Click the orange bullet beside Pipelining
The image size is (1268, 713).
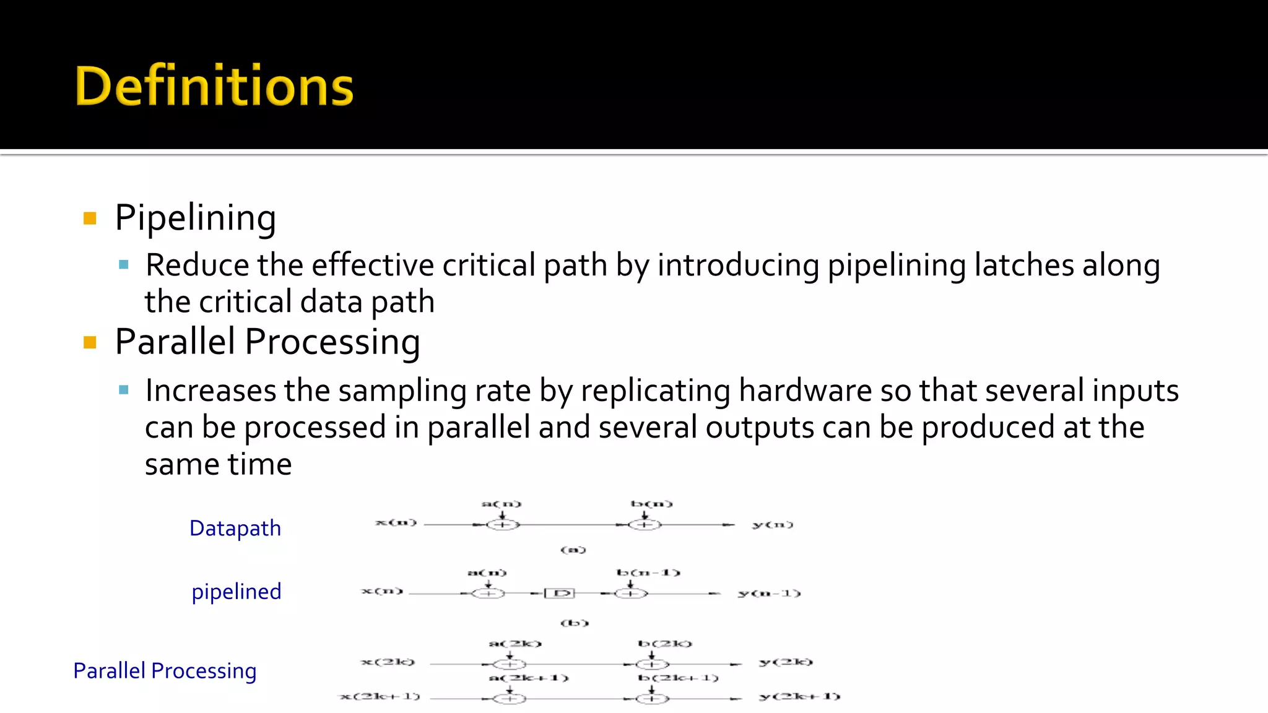pyautogui.click(x=90, y=218)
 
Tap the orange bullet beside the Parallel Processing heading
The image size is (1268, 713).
pyautogui.click(x=90, y=342)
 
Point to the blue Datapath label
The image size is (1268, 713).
pyautogui.click(x=235, y=528)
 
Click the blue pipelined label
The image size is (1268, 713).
pyautogui.click(x=237, y=591)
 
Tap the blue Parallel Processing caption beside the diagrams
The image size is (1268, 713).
pyautogui.click(x=165, y=670)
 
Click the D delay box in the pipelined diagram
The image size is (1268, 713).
pyautogui.click(x=560, y=594)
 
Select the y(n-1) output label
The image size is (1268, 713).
pyautogui.click(x=769, y=593)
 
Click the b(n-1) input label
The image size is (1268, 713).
pyautogui.click(x=648, y=573)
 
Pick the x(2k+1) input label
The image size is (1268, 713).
pyautogui.click(x=380, y=696)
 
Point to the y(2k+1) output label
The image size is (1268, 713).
pyautogui.click(x=799, y=696)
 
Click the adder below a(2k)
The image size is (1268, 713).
pyautogui.click(x=510, y=664)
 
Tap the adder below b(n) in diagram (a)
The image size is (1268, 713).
pyautogui.click(x=645, y=525)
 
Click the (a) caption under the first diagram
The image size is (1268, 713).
pyautogui.click(x=573, y=550)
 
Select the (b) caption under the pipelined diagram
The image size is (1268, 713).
pyautogui.click(x=574, y=623)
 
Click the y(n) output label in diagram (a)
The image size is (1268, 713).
pyautogui.click(x=772, y=525)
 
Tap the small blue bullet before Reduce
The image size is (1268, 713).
pyautogui.click(x=124, y=265)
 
